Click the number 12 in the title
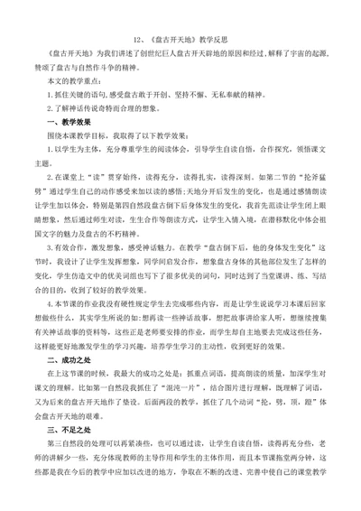click(x=135, y=41)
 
